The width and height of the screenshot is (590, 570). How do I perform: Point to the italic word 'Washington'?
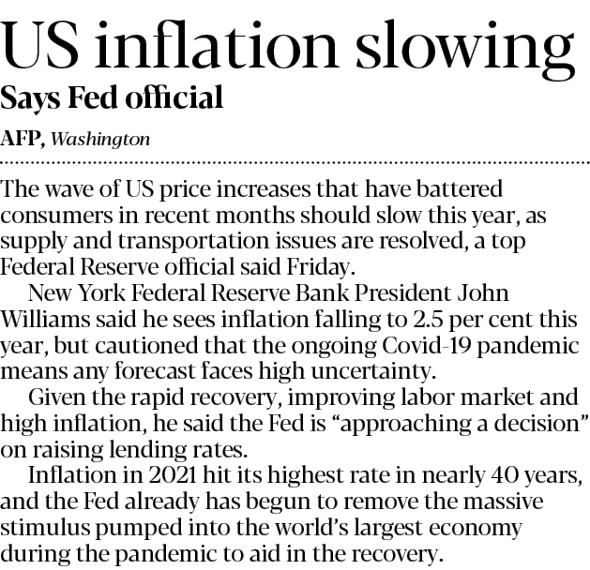point(100,139)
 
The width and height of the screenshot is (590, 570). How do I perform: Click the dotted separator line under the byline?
point(295,161)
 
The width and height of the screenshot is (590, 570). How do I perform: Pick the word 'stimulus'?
point(49,521)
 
